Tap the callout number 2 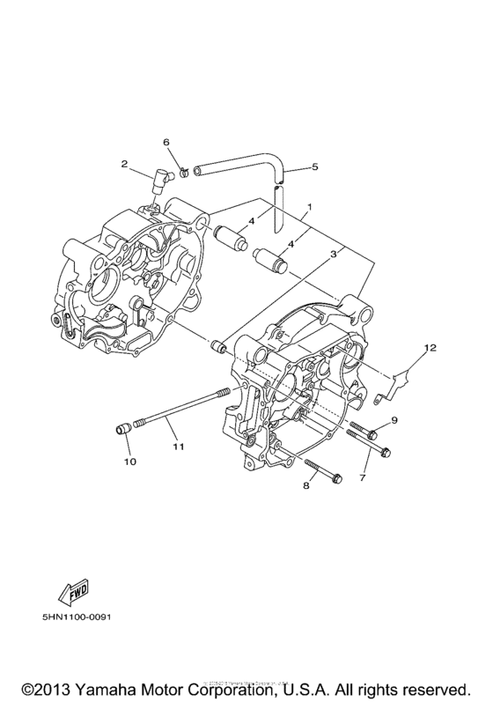pos(125,163)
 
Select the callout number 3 pos(334,255)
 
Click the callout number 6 pos(165,142)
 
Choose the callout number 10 pos(129,460)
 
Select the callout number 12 pos(430,348)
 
